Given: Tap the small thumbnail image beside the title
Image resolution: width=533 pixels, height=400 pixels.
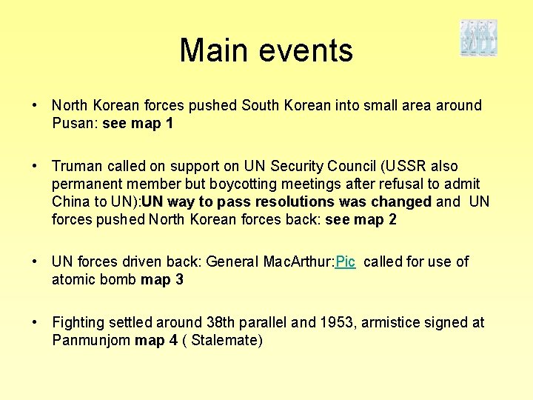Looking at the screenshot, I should tap(478, 39).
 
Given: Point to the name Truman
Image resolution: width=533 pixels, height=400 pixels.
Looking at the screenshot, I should tap(78, 166).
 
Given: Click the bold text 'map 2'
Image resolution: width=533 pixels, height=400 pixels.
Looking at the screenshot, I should tap(375, 219).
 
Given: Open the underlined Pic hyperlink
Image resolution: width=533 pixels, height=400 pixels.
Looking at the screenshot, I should tap(346, 261).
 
